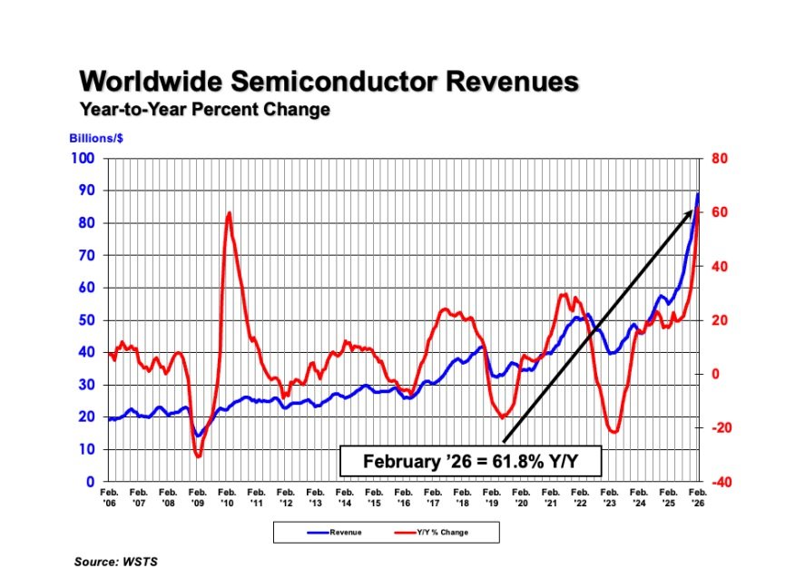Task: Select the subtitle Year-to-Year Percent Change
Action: (x=204, y=110)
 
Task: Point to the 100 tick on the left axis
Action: (x=83, y=159)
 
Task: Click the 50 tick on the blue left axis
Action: (x=87, y=320)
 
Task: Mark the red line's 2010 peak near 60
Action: (x=229, y=213)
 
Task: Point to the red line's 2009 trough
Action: (x=198, y=455)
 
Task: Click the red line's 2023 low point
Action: (x=614, y=432)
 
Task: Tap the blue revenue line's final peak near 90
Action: (x=698, y=193)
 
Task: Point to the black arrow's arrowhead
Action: (x=692, y=211)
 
